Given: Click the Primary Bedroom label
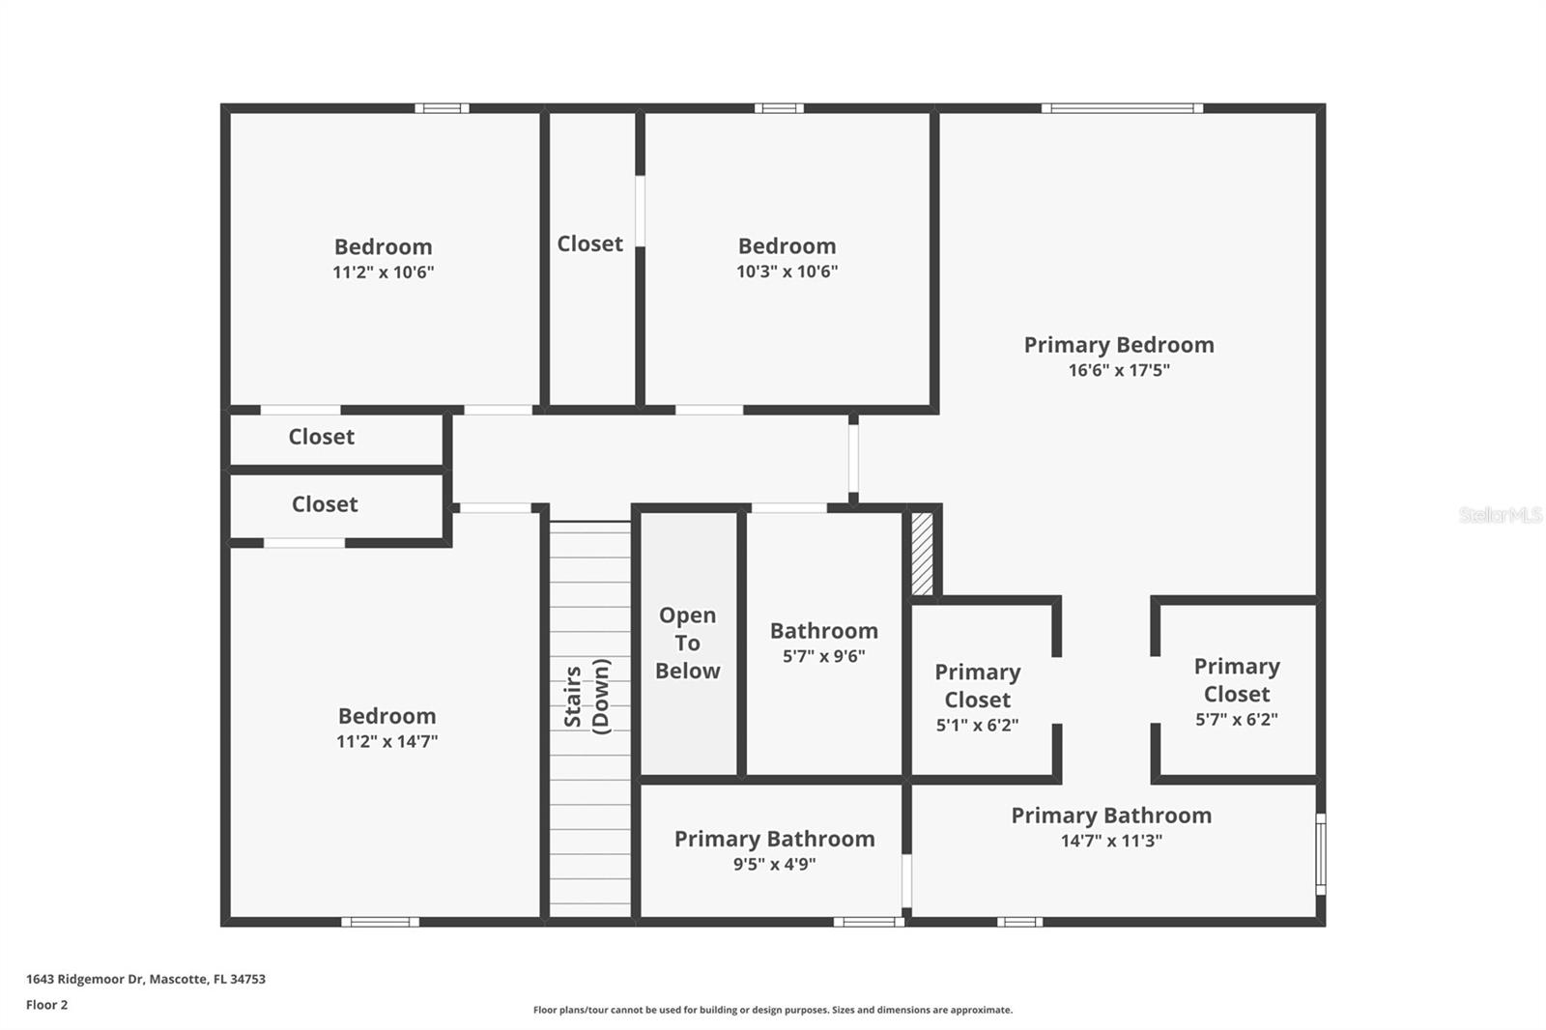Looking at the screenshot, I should (x=1118, y=345).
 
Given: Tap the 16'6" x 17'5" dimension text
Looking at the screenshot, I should (x=1118, y=370).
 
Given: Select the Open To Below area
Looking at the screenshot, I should (x=688, y=644).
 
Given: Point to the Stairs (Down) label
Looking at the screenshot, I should (x=587, y=697).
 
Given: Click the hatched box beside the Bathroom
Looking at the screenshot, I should (x=923, y=554).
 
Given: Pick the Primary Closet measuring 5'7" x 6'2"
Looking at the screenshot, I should (x=1236, y=692).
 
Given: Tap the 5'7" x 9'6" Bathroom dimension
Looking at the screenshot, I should (x=823, y=656).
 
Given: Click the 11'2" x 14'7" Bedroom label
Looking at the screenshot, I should (x=386, y=716).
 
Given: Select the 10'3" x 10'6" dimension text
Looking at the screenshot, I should (x=787, y=272).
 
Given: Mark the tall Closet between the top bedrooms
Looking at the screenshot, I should (x=590, y=244).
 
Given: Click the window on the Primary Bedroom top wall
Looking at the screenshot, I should (x=1122, y=108).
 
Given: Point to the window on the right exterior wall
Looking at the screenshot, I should (x=1321, y=853).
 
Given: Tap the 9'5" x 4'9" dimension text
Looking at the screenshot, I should (x=774, y=864).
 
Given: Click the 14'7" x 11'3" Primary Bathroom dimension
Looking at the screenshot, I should (x=1111, y=841).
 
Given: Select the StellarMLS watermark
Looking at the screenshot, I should (x=1500, y=515).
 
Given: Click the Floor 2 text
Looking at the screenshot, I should (x=46, y=1005).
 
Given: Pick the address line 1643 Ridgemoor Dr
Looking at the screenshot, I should (x=145, y=979).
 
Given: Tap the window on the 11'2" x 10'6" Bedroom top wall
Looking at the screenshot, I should (x=442, y=108).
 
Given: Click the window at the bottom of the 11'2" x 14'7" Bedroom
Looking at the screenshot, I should (x=380, y=922).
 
